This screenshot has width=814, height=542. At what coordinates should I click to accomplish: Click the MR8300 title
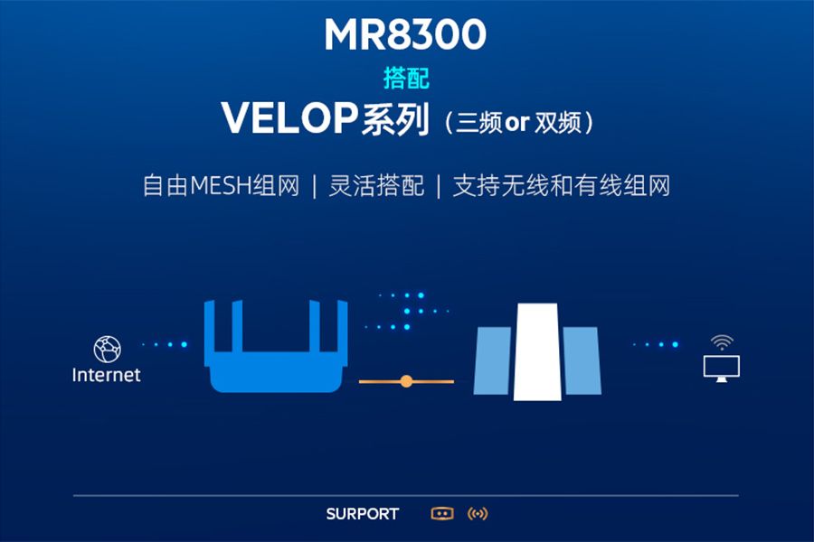pyautogui.click(x=405, y=34)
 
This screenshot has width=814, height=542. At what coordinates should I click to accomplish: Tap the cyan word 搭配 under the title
pyautogui.click(x=406, y=79)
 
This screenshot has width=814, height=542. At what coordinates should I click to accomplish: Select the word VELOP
pyautogui.click(x=289, y=118)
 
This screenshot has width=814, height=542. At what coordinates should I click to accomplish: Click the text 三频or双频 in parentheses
pyautogui.click(x=518, y=123)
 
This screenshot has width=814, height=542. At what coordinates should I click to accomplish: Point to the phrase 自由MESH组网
pyautogui.click(x=222, y=186)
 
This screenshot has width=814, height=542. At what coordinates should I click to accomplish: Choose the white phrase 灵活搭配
pyautogui.click(x=376, y=186)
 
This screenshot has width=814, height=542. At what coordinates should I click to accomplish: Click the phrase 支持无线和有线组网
pyautogui.click(x=561, y=186)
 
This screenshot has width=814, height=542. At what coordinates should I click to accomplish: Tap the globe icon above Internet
pyautogui.click(x=108, y=349)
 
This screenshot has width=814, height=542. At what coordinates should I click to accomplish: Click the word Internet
pyautogui.click(x=107, y=375)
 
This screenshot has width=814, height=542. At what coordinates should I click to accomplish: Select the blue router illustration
pyautogui.click(x=276, y=346)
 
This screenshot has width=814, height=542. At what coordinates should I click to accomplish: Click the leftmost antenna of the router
pyautogui.click(x=209, y=327)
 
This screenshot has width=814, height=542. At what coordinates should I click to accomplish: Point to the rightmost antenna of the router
pyautogui.click(x=342, y=327)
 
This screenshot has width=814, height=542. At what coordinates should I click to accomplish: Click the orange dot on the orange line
pyautogui.click(x=406, y=382)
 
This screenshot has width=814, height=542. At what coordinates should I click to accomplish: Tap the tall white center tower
pyautogui.click(x=537, y=351)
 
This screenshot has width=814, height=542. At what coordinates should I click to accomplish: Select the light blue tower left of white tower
pyautogui.click(x=493, y=360)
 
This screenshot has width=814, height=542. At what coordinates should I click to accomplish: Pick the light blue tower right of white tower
pyautogui.click(x=582, y=360)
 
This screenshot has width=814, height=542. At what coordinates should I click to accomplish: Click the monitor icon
pyautogui.click(x=722, y=369)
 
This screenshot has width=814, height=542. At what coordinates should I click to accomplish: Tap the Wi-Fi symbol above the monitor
pyautogui.click(x=722, y=342)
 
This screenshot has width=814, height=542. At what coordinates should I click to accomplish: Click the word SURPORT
pyautogui.click(x=363, y=514)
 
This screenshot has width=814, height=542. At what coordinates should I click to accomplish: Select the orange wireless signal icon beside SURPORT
pyautogui.click(x=478, y=514)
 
